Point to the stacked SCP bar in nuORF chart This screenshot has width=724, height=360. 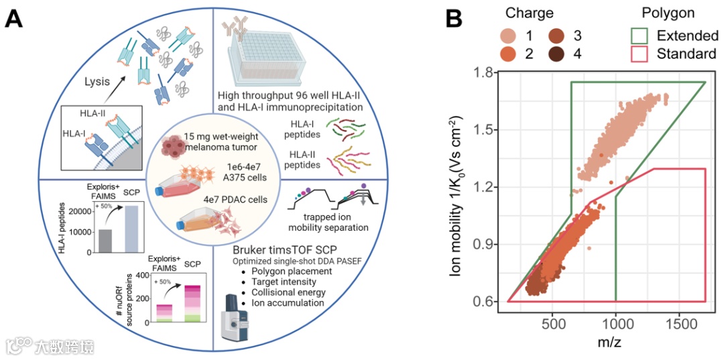click(x=193, y=303)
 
